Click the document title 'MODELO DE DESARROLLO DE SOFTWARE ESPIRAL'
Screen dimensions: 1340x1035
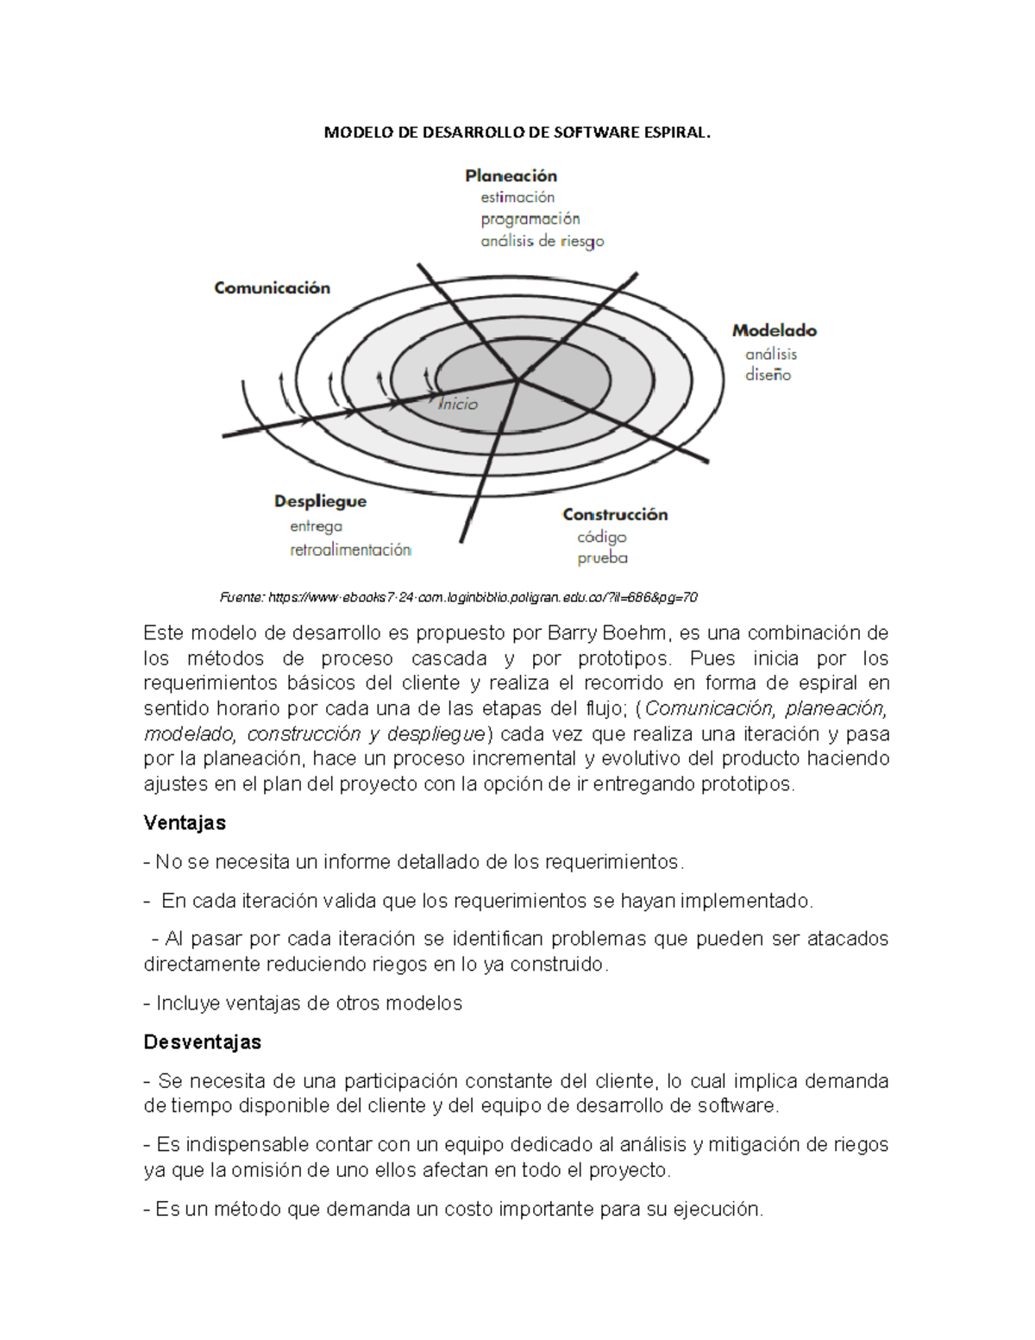[517, 133]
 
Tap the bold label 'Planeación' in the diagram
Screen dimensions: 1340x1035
[511, 176]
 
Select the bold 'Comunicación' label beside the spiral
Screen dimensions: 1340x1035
[272, 288]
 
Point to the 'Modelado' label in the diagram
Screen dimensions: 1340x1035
[774, 330]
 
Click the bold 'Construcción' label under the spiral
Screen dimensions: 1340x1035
[615, 514]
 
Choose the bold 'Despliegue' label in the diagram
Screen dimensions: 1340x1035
[320, 501]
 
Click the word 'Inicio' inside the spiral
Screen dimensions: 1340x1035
[457, 404]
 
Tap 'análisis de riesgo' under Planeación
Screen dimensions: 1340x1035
[542, 242]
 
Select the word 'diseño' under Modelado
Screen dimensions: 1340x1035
[768, 375]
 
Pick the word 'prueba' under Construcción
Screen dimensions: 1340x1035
[602, 558]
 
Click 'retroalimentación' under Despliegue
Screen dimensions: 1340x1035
[350, 550]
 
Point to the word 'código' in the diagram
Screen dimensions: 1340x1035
[601, 537]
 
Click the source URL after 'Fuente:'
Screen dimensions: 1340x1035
[483, 597]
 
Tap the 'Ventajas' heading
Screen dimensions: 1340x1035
[185, 823]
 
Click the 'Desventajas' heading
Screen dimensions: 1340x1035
[202, 1042]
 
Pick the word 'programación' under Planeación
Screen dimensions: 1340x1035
[530, 219]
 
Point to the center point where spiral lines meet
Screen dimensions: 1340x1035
[518, 380]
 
